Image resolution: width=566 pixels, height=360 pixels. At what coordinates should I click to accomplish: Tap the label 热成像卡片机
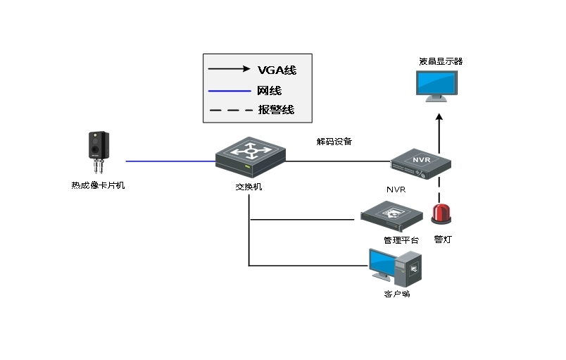tap(97, 186)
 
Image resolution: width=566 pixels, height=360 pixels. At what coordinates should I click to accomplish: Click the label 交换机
tap(249, 187)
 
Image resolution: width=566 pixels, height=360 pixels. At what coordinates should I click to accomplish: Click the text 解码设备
tap(334, 142)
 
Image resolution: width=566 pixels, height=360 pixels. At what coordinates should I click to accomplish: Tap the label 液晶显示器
tap(441, 62)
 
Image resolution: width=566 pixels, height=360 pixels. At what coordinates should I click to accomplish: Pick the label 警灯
tap(443, 240)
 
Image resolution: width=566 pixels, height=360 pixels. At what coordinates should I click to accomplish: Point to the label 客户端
tap(397, 294)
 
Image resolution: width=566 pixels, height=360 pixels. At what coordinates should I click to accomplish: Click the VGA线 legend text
tap(277, 70)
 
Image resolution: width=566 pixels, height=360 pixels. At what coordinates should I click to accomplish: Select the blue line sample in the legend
tap(229, 91)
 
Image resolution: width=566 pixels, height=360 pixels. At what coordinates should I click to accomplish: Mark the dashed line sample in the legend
tap(229, 110)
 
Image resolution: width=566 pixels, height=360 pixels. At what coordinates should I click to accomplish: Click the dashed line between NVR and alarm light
tap(439, 188)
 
